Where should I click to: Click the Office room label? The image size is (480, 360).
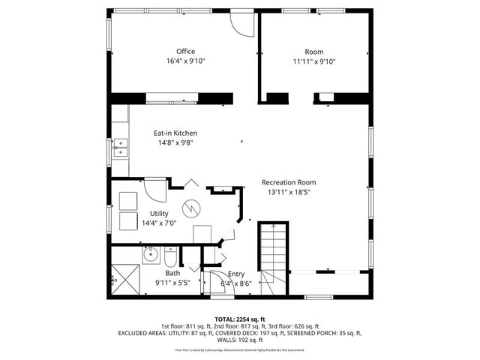(x=185, y=52)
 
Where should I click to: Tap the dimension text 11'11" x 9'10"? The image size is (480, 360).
(x=313, y=61)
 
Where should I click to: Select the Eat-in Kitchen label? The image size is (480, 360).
(x=175, y=133)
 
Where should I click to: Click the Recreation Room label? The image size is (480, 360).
(x=288, y=182)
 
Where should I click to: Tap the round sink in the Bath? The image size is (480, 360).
(x=150, y=255)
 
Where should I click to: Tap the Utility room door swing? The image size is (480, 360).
(x=155, y=189)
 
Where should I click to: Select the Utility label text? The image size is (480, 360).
(x=159, y=214)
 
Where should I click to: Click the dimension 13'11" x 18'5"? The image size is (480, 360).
(x=288, y=192)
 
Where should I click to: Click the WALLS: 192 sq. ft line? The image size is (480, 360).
(x=240, y=340)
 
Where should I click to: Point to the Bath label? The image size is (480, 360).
(x=172, y=274)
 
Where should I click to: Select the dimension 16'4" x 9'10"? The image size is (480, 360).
(x=185, y=61)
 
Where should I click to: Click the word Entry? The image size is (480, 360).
(x=235, y=274)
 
